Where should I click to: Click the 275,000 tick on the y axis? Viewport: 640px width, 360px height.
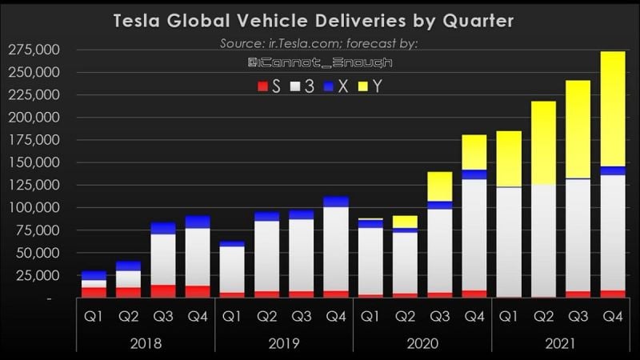pos(30,50)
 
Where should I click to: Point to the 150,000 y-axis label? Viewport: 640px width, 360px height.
pos(30,162)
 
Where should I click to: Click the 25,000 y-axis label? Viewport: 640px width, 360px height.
pos(34,275)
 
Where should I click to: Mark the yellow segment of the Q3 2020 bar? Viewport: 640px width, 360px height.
pos(439,186)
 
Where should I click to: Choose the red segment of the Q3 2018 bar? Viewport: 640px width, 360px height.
pos(162,291)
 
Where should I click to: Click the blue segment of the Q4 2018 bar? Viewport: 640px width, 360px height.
pos(197,222)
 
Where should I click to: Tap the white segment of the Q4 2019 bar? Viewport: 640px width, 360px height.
pos(336,248)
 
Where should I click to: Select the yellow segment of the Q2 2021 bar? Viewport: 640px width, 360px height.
pos(542,142)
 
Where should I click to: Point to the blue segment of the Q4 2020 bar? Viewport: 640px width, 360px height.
pos(474,174)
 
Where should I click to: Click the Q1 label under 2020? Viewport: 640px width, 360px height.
pos(370,315)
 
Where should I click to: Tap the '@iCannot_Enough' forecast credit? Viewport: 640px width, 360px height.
pos(319,62)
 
